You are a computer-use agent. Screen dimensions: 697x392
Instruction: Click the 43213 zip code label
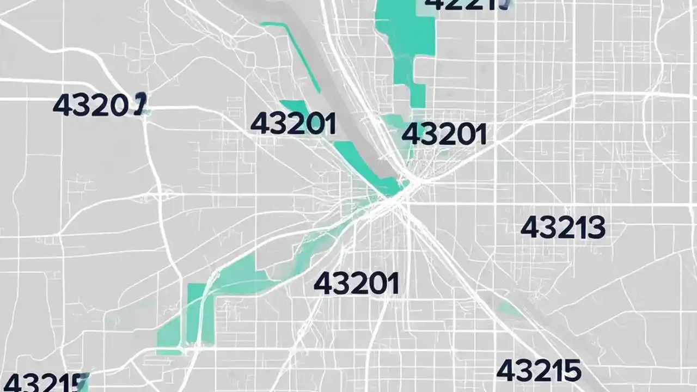click(563, 228)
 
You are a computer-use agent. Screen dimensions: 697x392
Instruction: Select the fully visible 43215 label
click(539, 371)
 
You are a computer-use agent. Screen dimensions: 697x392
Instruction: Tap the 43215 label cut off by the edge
click(44, 383)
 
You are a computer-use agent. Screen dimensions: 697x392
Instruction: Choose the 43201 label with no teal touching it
click(356, 283)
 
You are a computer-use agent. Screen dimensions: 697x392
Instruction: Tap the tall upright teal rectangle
click(196, 313)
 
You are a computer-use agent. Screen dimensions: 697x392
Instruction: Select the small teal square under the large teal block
click(418, 96)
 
